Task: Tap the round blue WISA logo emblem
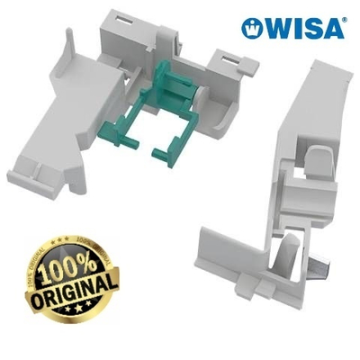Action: tap(251, 28)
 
